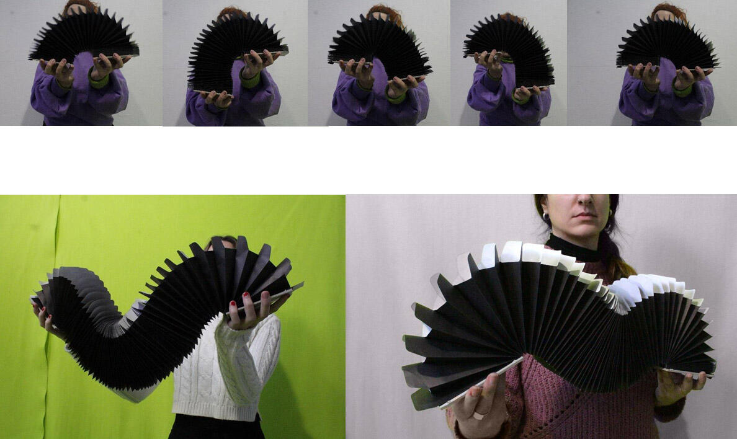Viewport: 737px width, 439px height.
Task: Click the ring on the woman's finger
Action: click(x=479, y=415)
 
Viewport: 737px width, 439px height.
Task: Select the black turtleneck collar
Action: click(x=571, y=248)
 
